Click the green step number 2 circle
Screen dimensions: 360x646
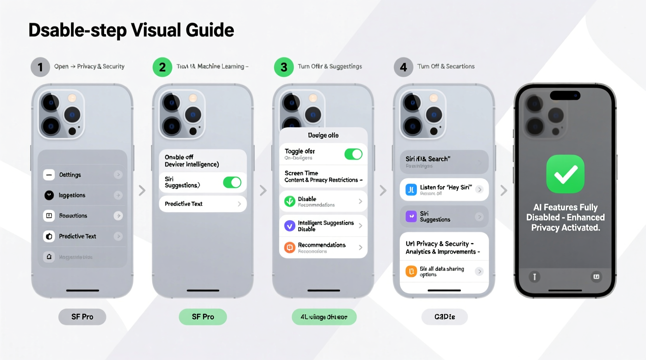pos(162,67)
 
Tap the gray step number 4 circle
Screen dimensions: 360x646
pos(403,67)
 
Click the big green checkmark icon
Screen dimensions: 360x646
pos(565,174)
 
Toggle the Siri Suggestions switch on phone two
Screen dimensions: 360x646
pos(232,182)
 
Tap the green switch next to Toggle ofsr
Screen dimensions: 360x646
pos(353,154)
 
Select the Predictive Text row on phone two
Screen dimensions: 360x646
pos(203,204)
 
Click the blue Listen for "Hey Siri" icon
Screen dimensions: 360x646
pos(411,190)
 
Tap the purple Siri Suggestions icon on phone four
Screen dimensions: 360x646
pos(411,216)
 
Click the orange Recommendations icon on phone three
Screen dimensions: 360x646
pos(290,247)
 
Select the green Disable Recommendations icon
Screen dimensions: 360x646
pos(290,201)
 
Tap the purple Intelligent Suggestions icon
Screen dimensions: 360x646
pos(290,226)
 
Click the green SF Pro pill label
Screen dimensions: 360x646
pos(203,317)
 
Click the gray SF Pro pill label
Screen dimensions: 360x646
pos(82,317)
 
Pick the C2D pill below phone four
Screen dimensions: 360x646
pos(445,317)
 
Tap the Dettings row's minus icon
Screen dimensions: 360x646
pos(49,175)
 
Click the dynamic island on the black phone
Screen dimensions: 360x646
pos(565,95)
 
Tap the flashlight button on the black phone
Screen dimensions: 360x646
pos(535,277)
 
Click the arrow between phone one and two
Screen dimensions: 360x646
pos(142,190)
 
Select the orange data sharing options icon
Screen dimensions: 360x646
pos(411,271)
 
